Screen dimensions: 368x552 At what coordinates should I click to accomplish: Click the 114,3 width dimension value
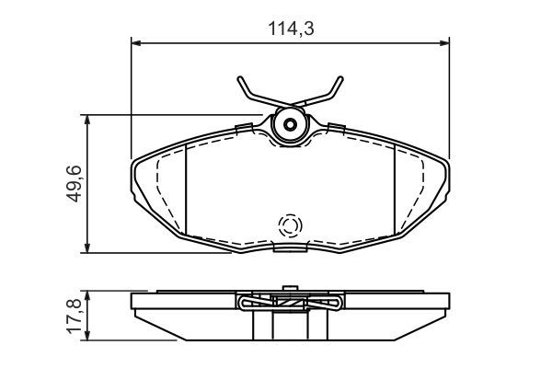[x=290, y=29]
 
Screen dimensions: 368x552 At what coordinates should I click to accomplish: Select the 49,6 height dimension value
[x=74, y=182]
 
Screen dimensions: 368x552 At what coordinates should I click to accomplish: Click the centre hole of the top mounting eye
[x=291, y=125]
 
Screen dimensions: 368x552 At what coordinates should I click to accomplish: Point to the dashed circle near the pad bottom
[x=291, y=225]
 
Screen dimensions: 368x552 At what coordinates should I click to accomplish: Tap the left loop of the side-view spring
[x=247, y=301]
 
